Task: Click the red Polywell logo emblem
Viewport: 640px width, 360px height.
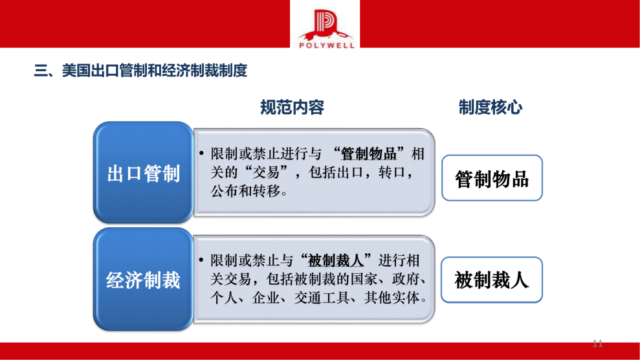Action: point(325,25)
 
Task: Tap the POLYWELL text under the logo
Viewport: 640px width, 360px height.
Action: point(325,45)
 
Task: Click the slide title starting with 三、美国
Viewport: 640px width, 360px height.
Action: point(140,71)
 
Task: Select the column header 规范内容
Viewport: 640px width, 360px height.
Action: point(292,107)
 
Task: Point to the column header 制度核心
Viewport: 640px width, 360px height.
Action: point(491,107)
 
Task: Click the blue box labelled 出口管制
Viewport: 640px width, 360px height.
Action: point(143,174)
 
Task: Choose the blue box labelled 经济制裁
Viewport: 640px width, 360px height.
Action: point(143,280)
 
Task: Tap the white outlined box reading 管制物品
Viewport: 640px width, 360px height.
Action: point(492,178)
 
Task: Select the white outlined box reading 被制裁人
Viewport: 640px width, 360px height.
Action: point(492,280)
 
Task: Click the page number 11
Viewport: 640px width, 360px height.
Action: point(597,343)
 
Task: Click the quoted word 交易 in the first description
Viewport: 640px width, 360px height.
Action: point(273,174)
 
